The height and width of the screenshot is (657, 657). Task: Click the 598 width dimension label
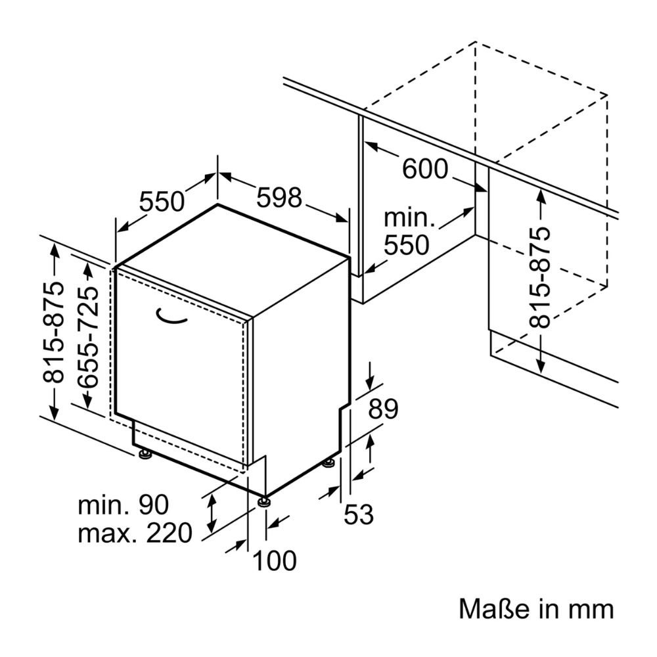click(x=279, y=197)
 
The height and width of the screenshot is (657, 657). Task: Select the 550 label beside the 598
click(x=162, y=201)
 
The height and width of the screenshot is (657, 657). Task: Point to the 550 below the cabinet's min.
click(x=405, y=245)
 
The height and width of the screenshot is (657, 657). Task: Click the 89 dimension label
click(x=383, y=410)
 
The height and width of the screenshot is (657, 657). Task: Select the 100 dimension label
click(x=275, y=560)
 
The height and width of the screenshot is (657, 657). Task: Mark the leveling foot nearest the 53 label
click(x=328, y=464)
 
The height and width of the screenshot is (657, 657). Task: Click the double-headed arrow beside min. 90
click(x=212, y=514)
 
